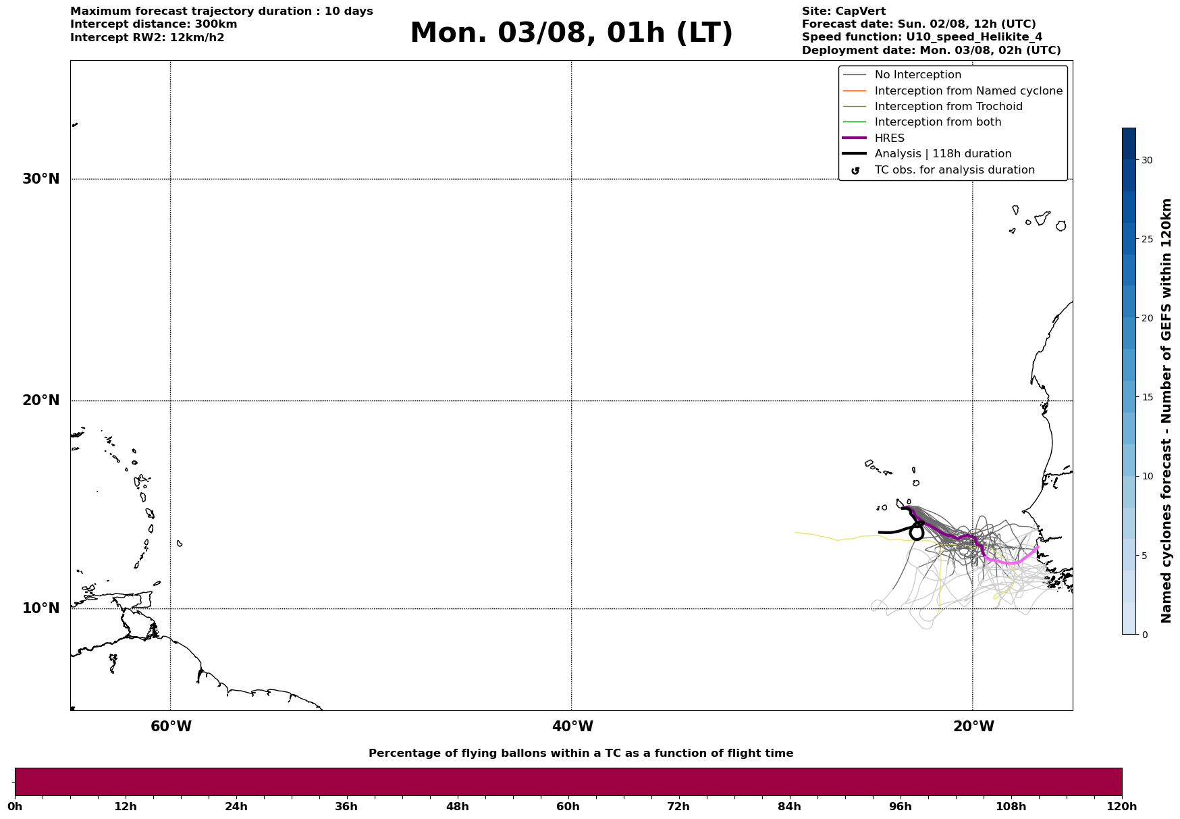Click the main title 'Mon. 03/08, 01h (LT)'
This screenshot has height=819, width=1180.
coord(571,33)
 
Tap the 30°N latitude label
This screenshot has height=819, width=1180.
coord(41,179)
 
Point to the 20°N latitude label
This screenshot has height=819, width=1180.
coord(41,400)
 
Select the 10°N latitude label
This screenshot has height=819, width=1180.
coord(41,608)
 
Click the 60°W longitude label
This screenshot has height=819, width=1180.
coord(171,726)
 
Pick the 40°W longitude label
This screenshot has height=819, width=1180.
coord(572,726)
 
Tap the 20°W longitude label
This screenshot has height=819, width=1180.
coord(973,726)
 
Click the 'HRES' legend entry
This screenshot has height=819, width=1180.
coord(890,138)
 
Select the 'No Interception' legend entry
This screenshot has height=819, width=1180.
coord(918,75)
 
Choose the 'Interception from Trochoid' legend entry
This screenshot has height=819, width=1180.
coord(948,107)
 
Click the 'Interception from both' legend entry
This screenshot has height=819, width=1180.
coord(938,122)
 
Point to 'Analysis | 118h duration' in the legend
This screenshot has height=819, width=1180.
coord(943,154)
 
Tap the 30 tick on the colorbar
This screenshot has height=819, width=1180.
coord(1147,160)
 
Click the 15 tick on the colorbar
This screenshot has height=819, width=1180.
coord(1147,397)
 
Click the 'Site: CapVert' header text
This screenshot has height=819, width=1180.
coord(844,11)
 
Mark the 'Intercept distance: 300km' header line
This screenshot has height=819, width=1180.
coord(154,24)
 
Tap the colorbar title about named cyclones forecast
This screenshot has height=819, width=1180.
coord(1166,411)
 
